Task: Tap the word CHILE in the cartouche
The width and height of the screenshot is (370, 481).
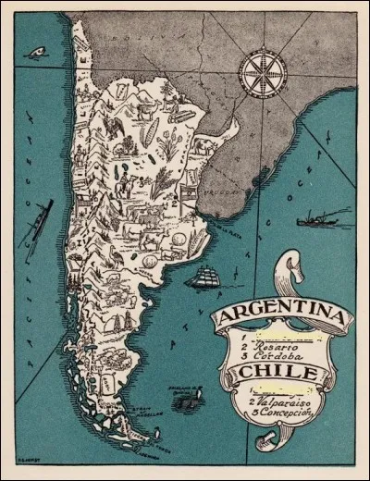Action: click(x=280, y=372)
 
